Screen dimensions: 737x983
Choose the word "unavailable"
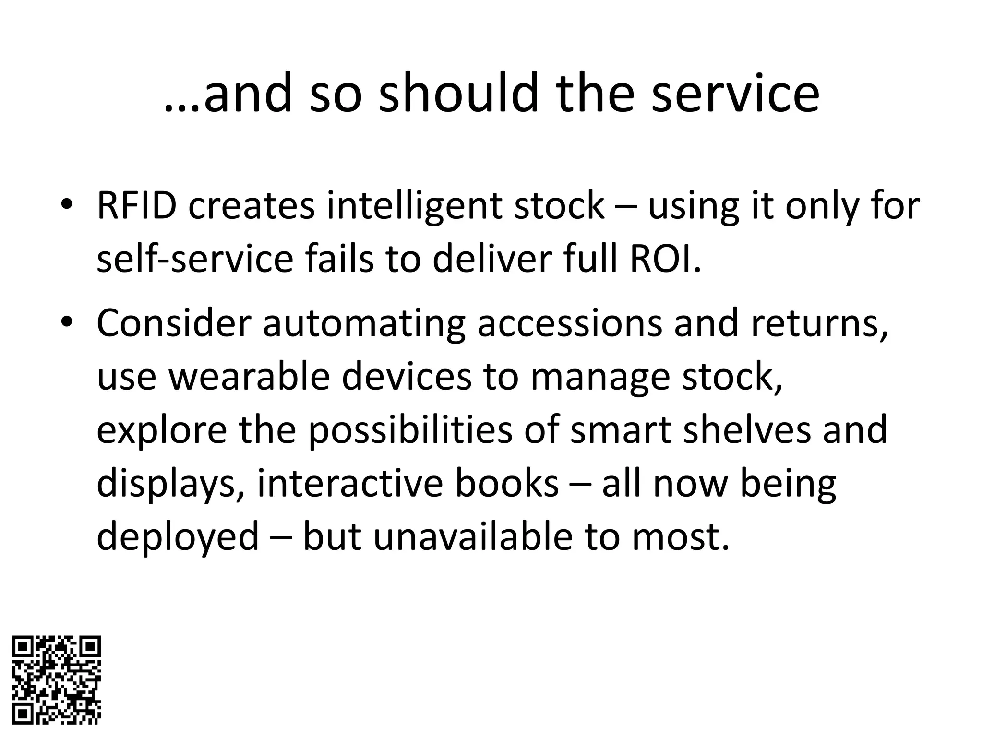point(473,536)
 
